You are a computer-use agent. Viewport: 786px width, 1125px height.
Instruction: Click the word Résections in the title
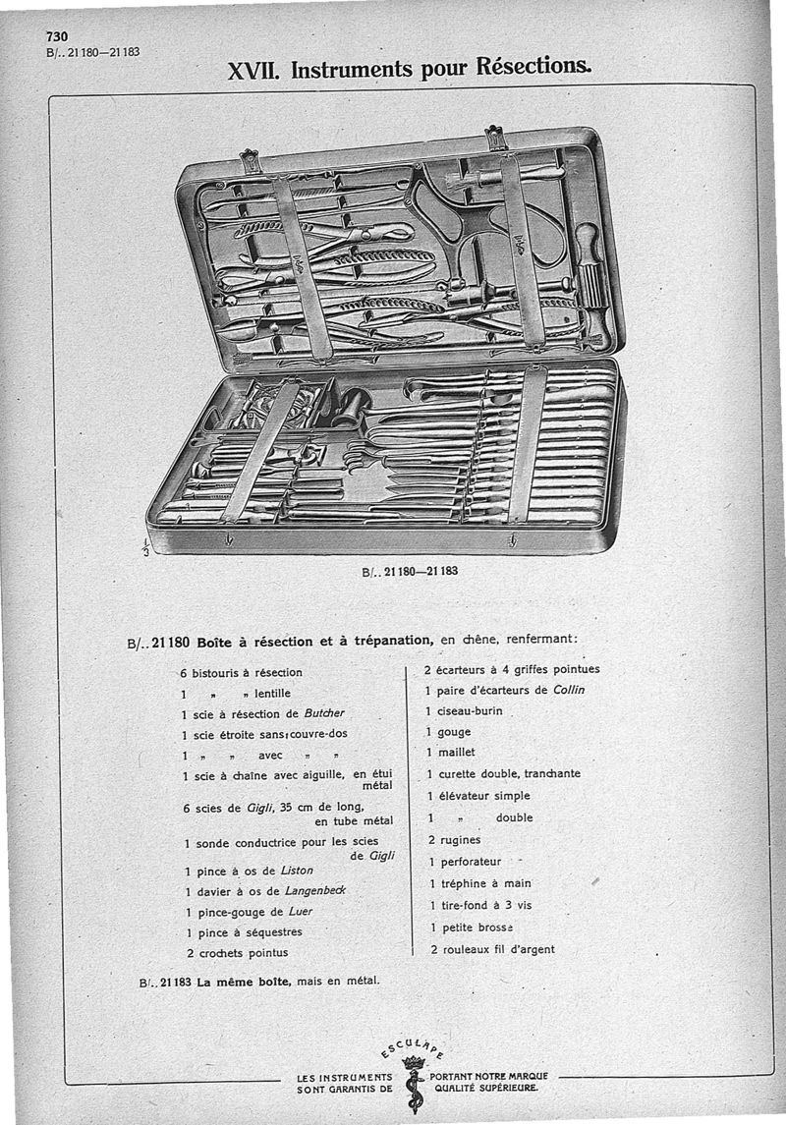pos(533,69)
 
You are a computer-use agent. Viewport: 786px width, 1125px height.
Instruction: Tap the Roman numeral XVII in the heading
pos(254,71)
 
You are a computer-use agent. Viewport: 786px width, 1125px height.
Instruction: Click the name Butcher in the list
pos(324,712)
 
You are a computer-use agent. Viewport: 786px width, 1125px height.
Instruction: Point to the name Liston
pos(297,871)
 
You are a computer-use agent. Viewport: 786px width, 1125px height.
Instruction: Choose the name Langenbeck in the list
pos(315,890)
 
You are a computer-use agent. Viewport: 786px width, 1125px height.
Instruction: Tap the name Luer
pos(301,911)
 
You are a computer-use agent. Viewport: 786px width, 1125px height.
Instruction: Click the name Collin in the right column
pos(569,690)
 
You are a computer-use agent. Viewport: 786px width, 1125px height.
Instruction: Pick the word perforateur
pos(470,862)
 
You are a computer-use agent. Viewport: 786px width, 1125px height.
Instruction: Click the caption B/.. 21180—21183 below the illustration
pos(410,571)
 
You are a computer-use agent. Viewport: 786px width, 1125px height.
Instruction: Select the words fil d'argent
pos(524,949)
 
